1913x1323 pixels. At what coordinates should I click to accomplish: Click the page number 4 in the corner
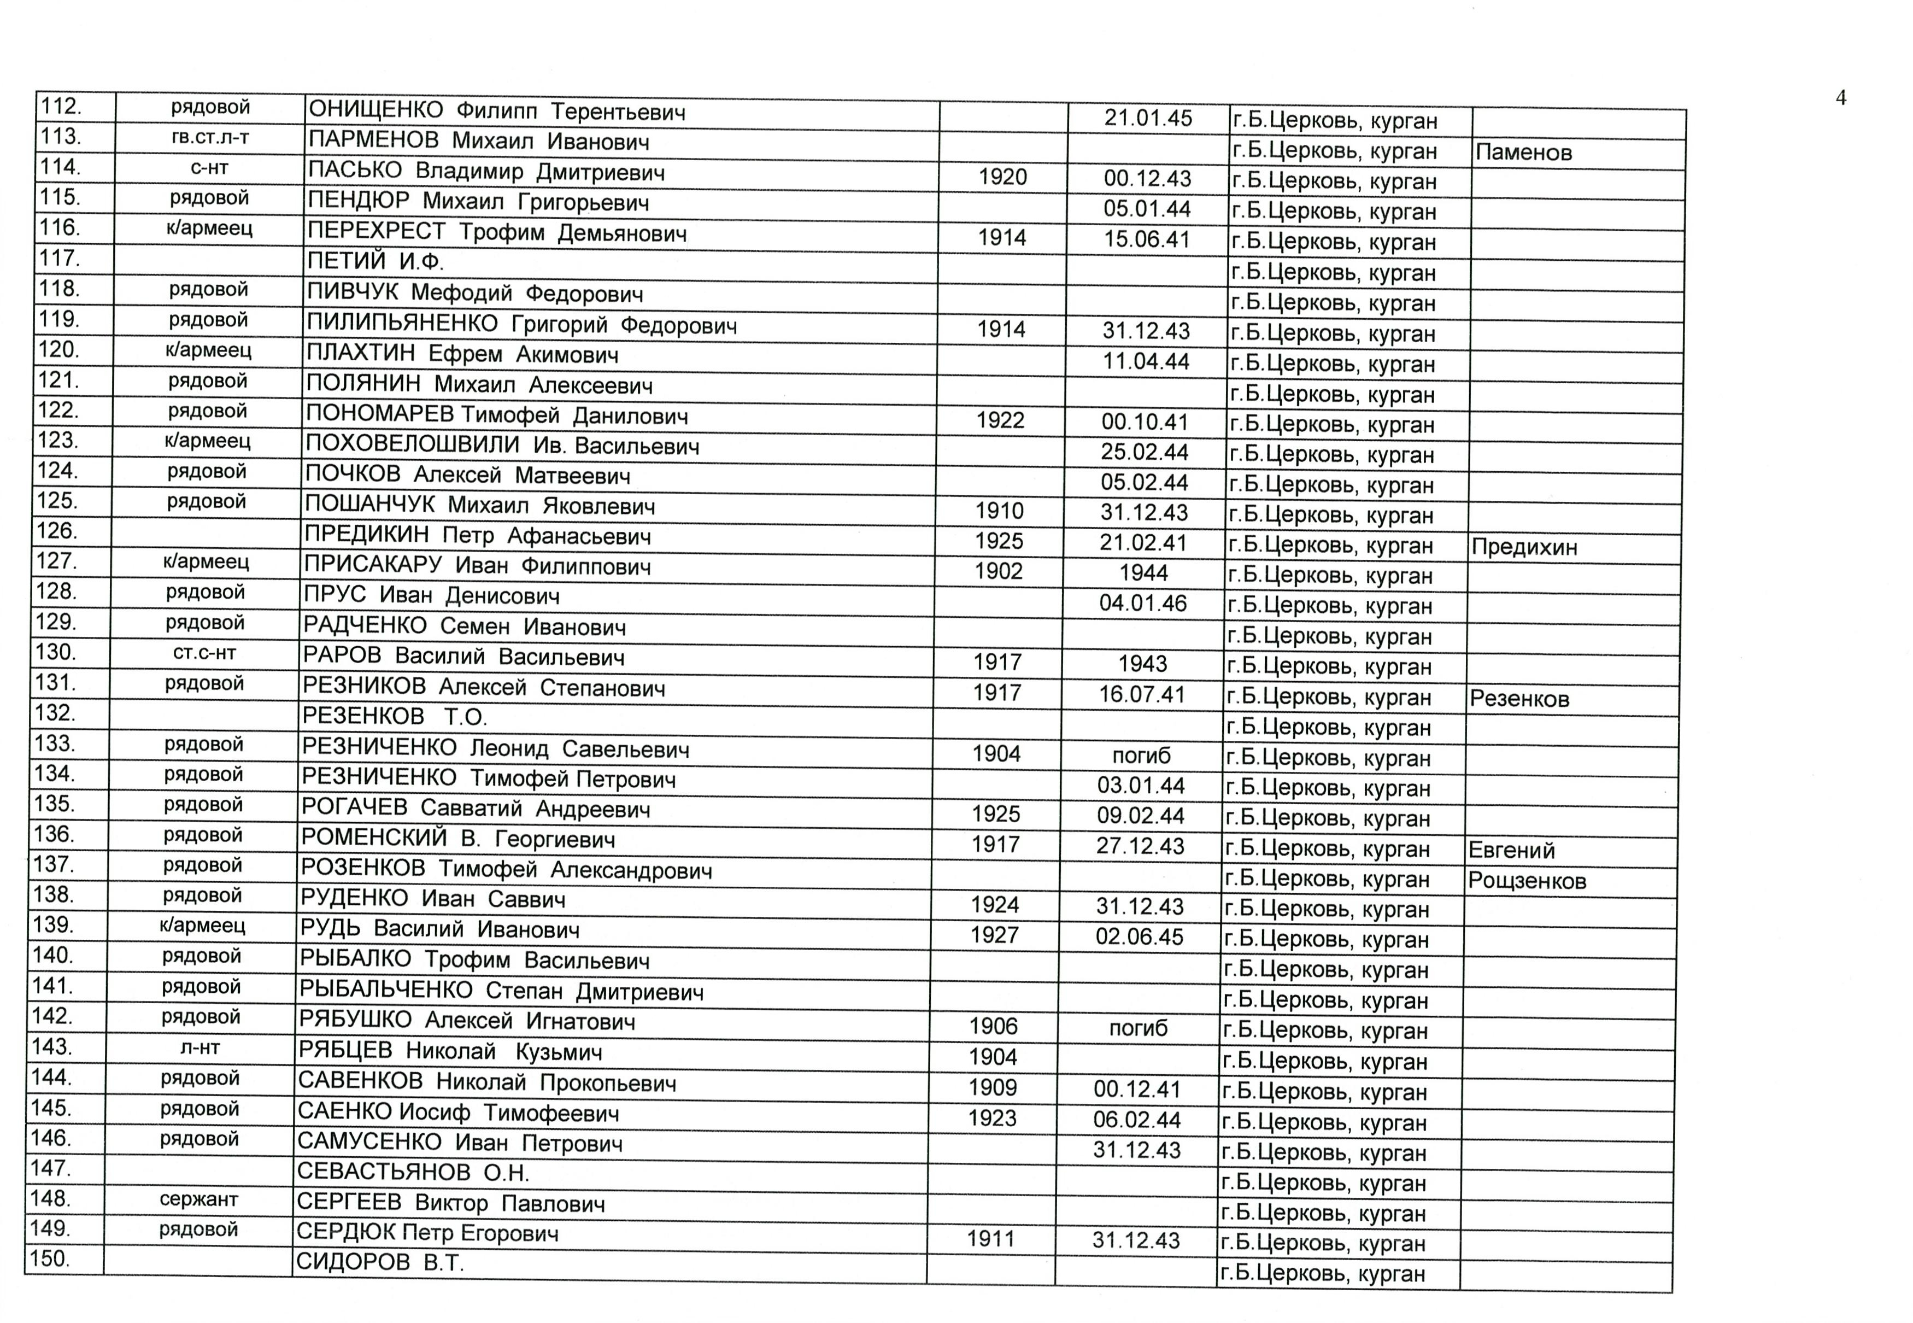1840,98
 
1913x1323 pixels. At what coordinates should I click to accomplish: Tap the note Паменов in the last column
1523,153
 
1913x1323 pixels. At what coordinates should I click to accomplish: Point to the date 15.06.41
1146,239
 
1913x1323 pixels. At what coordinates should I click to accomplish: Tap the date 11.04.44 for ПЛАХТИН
1146,361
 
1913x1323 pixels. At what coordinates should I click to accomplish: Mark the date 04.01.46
1142,602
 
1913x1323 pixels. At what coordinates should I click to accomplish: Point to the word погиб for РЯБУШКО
1138,1029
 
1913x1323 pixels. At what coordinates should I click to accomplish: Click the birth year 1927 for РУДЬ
995,935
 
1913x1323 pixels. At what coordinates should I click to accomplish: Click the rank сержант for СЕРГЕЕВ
199,1199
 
